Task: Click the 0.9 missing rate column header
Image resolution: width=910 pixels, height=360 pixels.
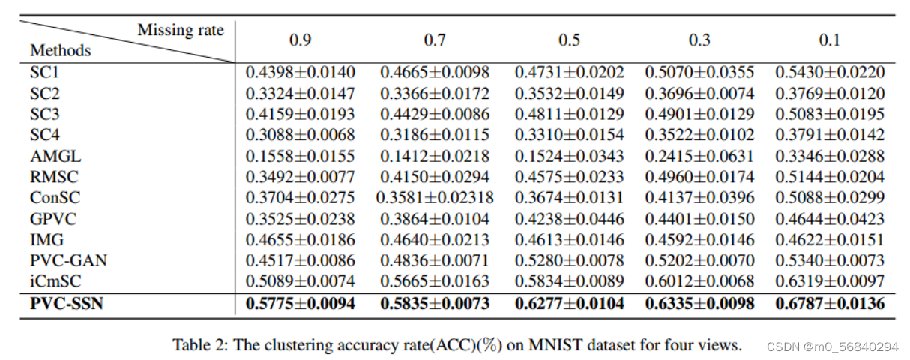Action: [x=300, y=40]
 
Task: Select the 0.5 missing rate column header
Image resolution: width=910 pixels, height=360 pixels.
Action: [x=569, y=40]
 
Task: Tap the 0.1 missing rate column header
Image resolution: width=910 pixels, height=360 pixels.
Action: [x=829, y=40]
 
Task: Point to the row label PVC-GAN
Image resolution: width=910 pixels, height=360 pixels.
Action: [x=68, y=260]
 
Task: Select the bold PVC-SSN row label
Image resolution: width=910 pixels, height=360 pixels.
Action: [x=67, y=304]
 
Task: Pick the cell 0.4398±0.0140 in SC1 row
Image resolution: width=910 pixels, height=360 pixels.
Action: [x=300, y=73]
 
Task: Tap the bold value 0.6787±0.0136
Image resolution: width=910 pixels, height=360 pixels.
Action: [x=829, y=304]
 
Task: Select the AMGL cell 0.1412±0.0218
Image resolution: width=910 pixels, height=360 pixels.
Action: [x=434, y=156]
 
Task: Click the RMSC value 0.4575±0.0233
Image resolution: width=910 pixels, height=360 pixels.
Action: [x=569, y=177]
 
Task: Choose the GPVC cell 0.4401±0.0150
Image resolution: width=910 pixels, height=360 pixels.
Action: [x=699, y=219]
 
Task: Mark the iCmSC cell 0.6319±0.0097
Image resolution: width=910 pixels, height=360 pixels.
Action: [x=829, y=281]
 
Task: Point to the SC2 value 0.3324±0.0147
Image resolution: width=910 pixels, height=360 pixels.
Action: [x=300, y=94]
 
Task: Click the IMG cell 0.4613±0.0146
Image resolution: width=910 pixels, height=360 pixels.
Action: [x=569, y=240]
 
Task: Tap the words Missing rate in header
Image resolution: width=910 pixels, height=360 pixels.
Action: [x=181, y=30]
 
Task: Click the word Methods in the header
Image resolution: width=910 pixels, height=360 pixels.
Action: [x=60, y=51]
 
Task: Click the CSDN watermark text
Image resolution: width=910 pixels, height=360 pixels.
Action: [x=832, y=346]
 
